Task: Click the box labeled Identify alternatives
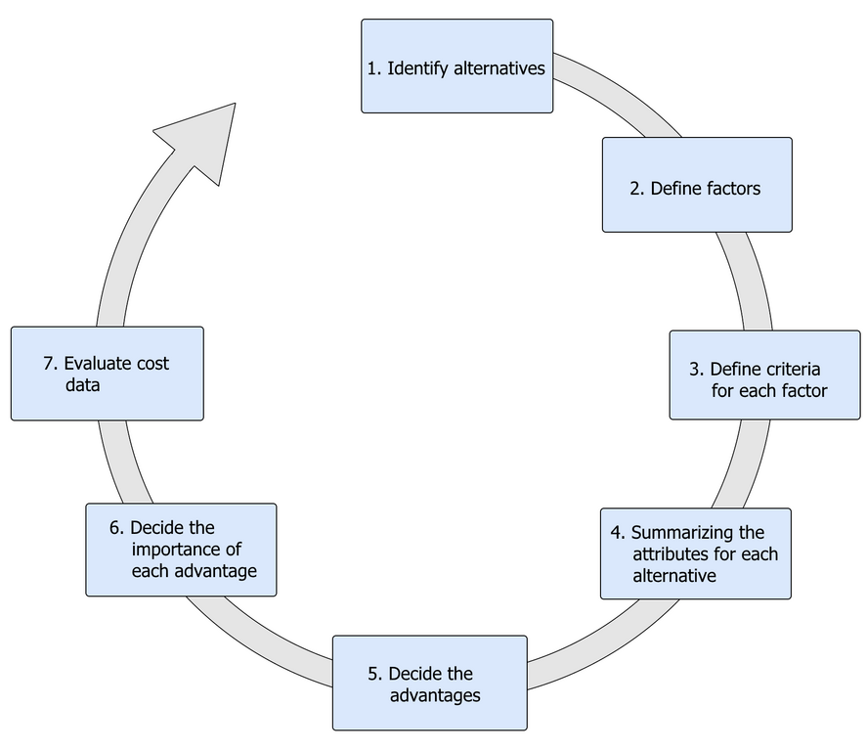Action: click(x=456, y=66)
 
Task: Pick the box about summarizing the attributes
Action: click(x=695, y=552)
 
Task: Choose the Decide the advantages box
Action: click(x=429, y=682)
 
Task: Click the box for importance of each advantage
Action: click(x=181, y=549)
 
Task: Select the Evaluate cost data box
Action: click(x=107, y=373)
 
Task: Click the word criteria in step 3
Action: click(x=793, y=370)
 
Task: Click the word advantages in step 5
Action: click(x=435, y=696)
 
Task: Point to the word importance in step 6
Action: click(x=186, y=549)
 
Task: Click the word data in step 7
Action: click(x=83, y=386)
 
